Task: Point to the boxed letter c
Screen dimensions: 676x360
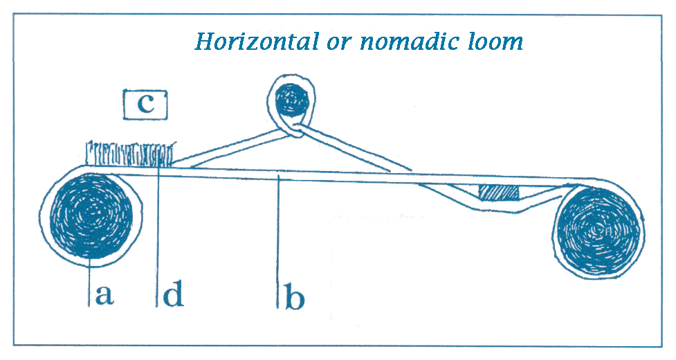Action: (145, 105)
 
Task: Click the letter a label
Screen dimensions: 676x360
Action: (104, 295)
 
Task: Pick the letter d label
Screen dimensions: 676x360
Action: (173, 293)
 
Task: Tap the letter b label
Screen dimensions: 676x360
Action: (295, 296)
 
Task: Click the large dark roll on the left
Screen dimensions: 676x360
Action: (91, 216)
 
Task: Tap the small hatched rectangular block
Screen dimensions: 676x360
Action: (500, 192)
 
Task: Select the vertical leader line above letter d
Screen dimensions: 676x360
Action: (158, 236)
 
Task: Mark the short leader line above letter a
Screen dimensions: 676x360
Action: (90, 282)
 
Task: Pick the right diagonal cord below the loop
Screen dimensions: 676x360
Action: (354, 149)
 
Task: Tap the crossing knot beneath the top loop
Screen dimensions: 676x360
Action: (296, 130)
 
